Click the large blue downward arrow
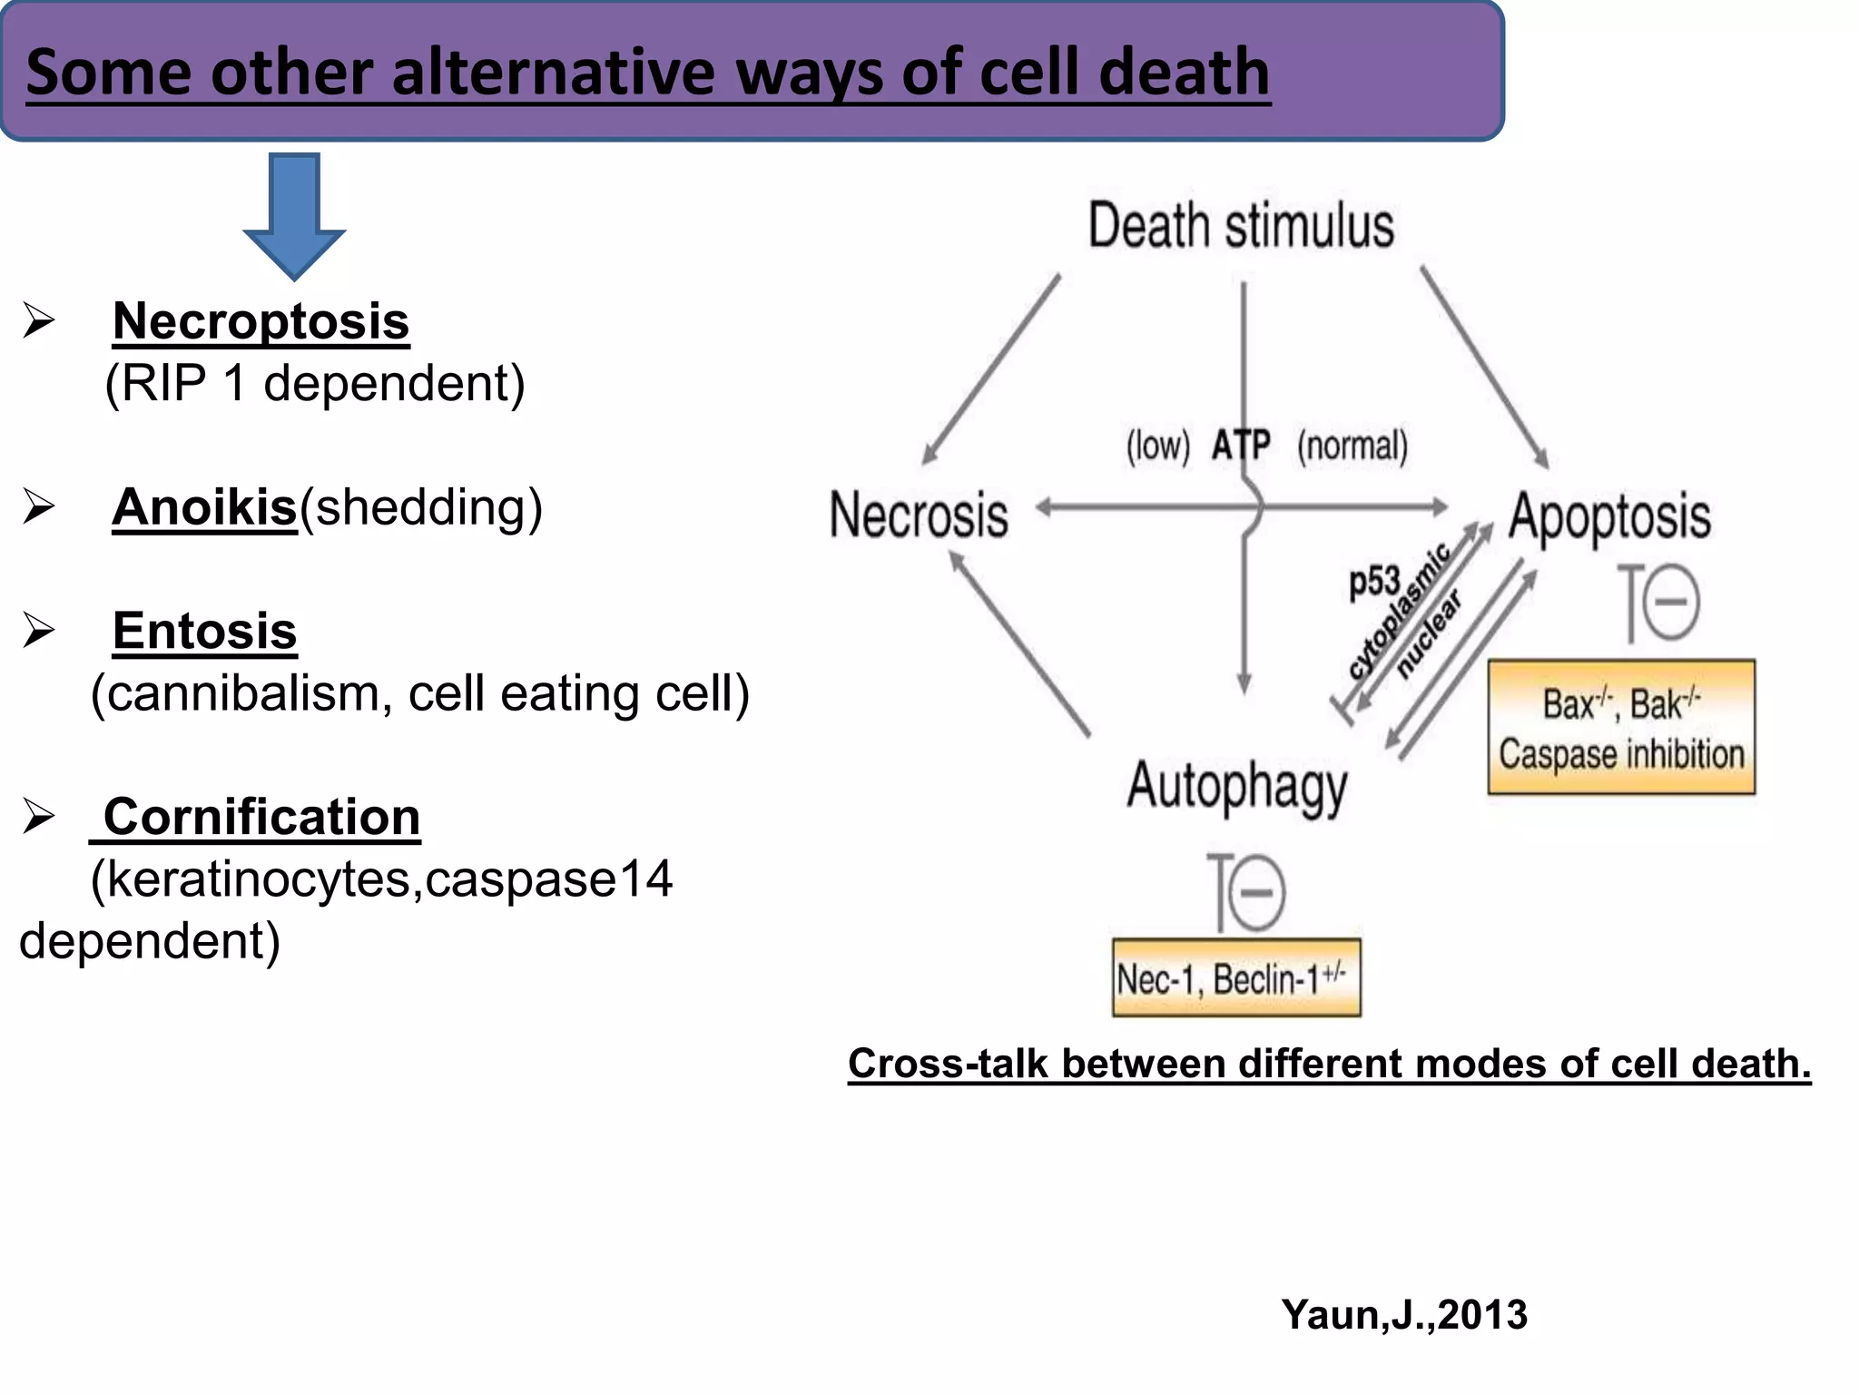(294, 216)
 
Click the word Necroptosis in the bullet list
(261, 321)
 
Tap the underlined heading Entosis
(205, 631)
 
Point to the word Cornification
(261, 817)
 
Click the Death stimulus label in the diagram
(1241, 226)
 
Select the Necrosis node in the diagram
(919, 515)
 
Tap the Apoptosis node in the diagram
(1609, 516)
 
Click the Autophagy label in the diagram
(1237, 786)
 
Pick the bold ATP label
(1241, 446)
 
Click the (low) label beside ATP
(1157, 447)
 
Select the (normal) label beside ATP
(1352, 447)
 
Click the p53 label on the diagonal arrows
(1374, 581)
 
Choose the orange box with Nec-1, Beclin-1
(1236, 978)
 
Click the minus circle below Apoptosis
(1670, 603)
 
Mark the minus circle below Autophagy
(1256, 893)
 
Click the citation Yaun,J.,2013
(1403, 1314)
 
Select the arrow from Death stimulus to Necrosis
(991, 370)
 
